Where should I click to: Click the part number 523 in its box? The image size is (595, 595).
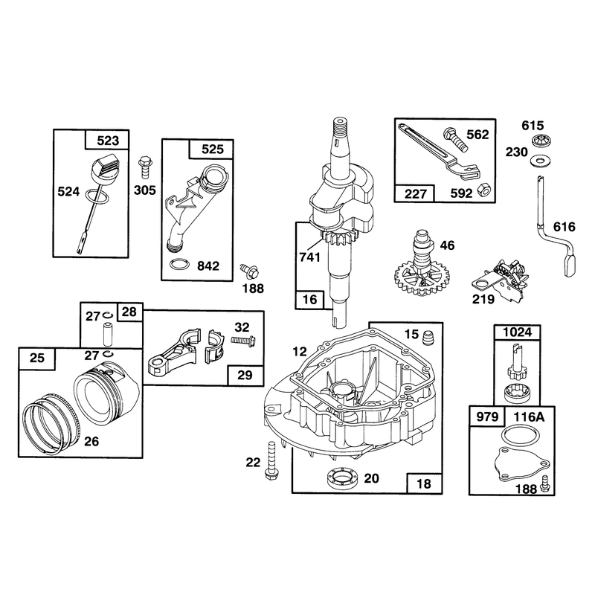108,141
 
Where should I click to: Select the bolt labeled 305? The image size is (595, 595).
145,166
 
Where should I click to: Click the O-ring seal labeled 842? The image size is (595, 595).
179,265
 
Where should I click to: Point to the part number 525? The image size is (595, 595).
213,149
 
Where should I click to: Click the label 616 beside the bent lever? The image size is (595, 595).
565,227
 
